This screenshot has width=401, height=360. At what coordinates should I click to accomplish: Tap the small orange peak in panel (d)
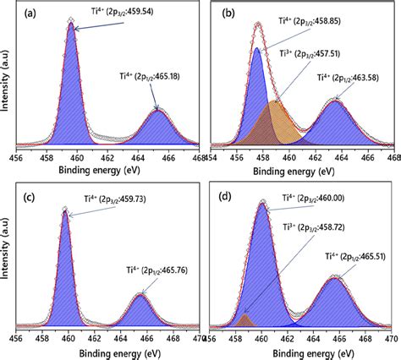(245, 321)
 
